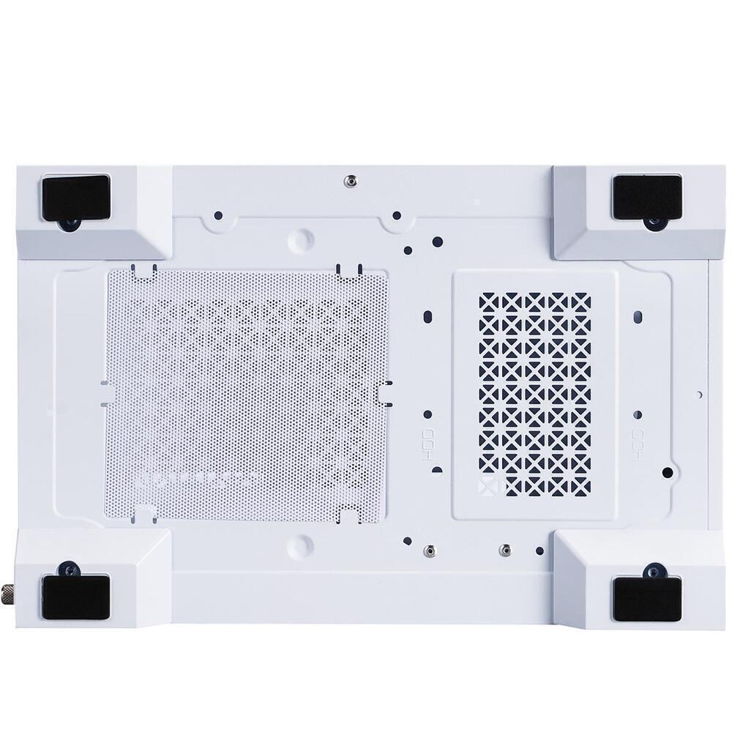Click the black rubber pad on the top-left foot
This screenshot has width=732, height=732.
click(75, 197)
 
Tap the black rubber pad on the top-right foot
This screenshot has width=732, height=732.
click(646, 197)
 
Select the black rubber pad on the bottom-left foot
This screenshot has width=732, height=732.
click(75, 597)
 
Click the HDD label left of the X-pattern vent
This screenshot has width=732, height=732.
click(430, 443)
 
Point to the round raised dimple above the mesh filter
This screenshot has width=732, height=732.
click(300, 239)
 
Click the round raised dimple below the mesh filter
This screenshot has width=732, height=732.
click(300, 545)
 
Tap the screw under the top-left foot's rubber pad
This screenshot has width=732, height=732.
click(71, 224)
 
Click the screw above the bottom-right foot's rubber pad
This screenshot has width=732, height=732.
click(651, 569)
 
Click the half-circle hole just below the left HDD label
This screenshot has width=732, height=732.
click(436, 469)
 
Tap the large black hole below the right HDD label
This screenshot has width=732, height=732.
click(667, 472)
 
